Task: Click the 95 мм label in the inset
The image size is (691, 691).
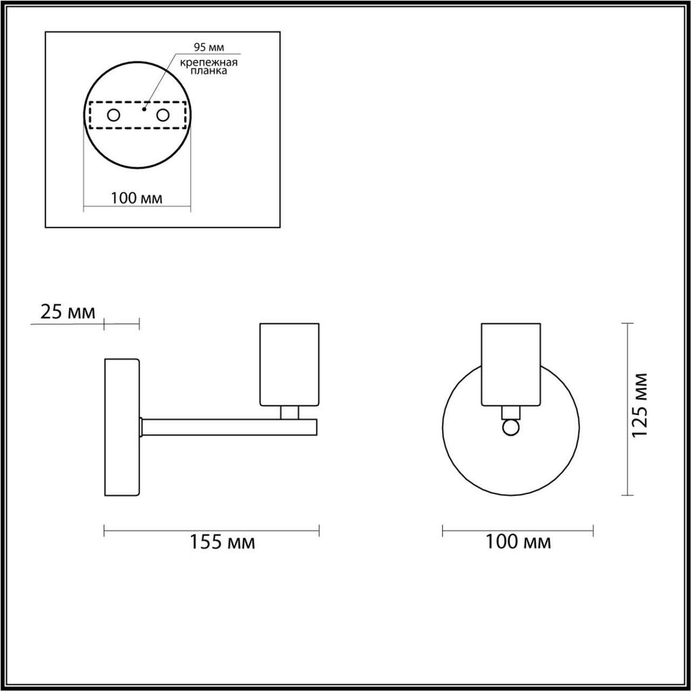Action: click(x=209, y=47)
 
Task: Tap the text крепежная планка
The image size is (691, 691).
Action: click(x=209, y=66)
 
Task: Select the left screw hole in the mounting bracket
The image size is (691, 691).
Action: click(x=113, y=115)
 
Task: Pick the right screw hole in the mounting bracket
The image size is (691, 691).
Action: click(x=163, y=115)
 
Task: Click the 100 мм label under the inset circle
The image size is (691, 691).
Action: click(x=136, y=198)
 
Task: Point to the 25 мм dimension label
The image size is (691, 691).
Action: click(x=67, y=312)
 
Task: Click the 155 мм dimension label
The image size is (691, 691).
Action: click(x=222, y=542)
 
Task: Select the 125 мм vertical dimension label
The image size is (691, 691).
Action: click(x=640, y=405)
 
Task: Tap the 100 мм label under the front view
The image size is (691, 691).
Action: click(x=518, y=542)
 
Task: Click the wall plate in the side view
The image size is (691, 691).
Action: click(x=122, y=427)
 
